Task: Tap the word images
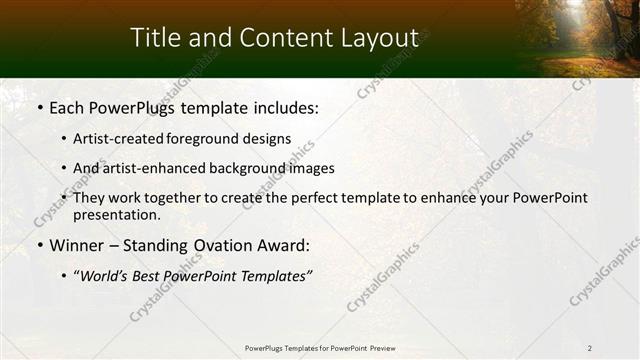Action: pos(307,168)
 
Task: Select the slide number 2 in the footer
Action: pos(590,348)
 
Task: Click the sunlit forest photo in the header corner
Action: pos(577,38)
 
